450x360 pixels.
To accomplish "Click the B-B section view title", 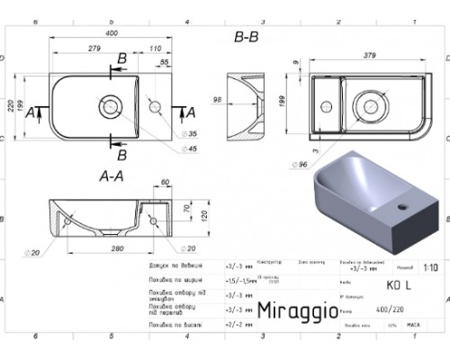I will pos(247,37).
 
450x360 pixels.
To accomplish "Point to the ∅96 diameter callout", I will pos(302,164).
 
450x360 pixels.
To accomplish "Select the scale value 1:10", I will pos(430,267).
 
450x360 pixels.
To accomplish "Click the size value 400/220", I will pos(382,310).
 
